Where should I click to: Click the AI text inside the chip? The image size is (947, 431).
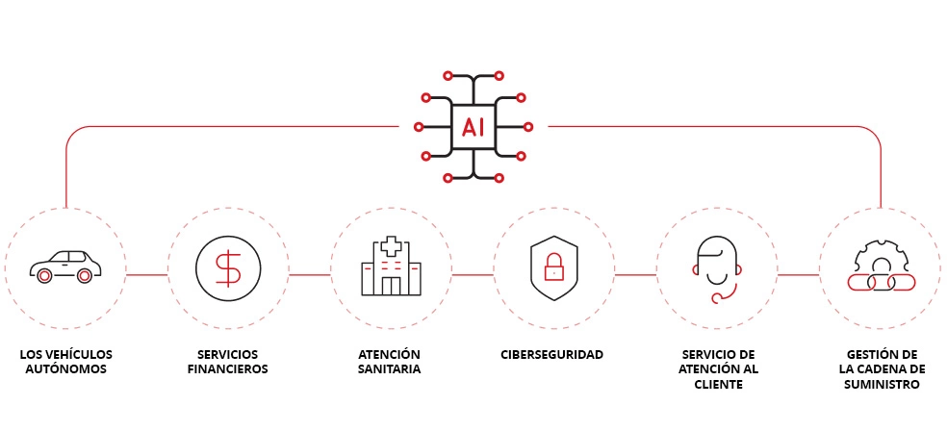pos(473,126)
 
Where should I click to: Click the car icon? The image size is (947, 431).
pos(65,266)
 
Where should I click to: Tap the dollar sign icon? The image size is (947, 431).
pos(228,267)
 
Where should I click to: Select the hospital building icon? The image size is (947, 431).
pos(391,266)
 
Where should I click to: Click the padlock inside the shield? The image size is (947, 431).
pos(553,268)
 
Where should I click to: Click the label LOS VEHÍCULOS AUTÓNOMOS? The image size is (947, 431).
pos(65,362)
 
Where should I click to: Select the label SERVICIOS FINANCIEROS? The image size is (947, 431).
pos(228,362)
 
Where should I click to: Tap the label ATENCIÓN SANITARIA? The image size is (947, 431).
pos(390,362)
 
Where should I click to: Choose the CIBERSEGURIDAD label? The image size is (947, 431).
pos(552,355)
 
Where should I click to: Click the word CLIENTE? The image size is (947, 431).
pos(716,384)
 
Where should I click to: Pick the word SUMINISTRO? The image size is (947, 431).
pos(879,384)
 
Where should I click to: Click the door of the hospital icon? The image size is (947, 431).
pos(391,286)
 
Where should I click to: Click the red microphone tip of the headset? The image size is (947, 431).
pos(716,297)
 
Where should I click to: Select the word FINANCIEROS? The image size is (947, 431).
pos(228,369)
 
